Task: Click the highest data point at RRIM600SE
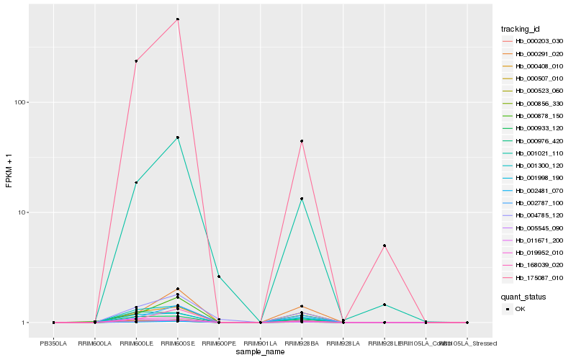click(178, 19)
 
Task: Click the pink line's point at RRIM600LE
click(136, 61)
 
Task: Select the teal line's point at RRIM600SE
click(178, 138)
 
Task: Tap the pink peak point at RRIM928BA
click(302, 141)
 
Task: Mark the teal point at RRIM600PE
click(219, 276)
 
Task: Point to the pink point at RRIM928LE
click(384, 246)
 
